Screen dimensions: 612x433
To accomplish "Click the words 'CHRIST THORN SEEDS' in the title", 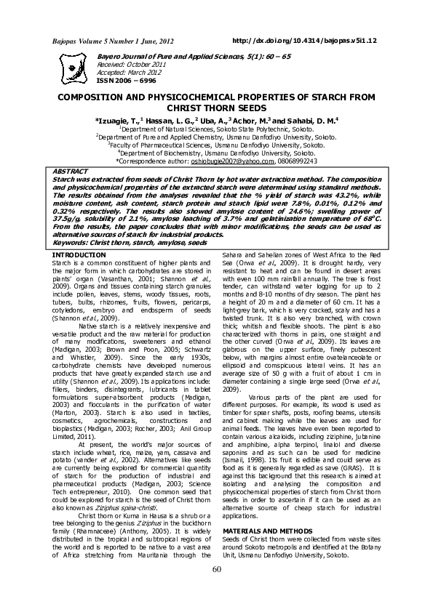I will (x=216, y=107).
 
